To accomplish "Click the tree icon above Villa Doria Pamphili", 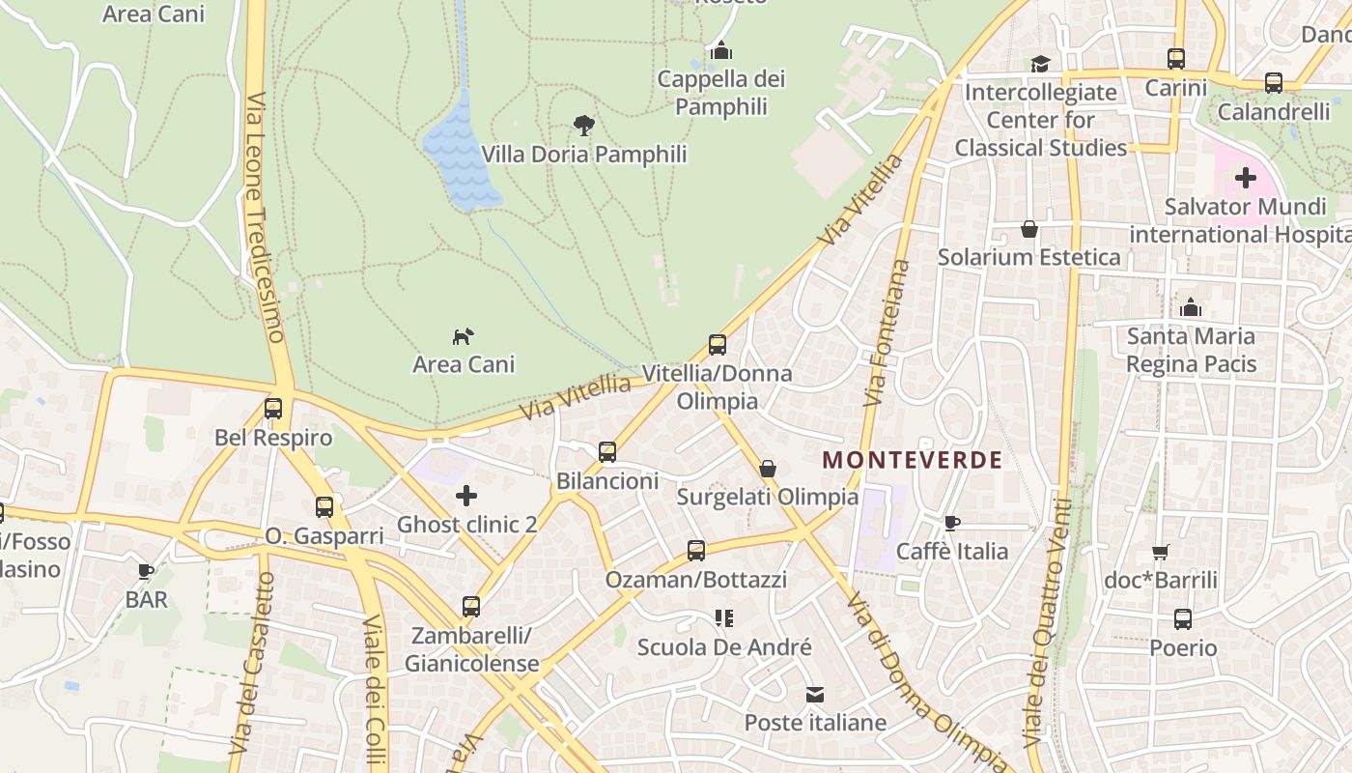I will pyautogui.click(x=583, y=125).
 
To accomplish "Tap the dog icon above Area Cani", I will pyautogui.click(x=464, y=336).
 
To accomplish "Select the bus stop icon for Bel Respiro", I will pyautogui.click(x=273, y=409).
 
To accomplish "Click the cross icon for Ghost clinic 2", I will pyautogui.click(x=466, y=496).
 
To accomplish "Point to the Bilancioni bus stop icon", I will pyautogui.click(x=607, y=451).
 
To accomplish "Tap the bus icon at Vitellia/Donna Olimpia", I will pyautogui.click(x=718, y=344).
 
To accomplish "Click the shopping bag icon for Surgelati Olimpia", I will pyautogui.click(x=768, y=469).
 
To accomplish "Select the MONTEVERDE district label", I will pyautogui.click(x=912, y=460).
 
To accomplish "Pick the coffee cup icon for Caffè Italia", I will pyautogui.click(x=952, y=523).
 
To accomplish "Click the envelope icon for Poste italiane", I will pyautogui.click(x=815, y=695).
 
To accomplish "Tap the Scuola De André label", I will pyautogui.click(x=724, y=647).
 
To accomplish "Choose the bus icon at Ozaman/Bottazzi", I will pyautogui.click(x=696, y=551).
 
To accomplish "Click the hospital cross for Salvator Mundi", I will pyautogui.click(x=1246, y=178).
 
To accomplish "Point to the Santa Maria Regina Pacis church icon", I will pyautogui.click(x=1192, y=307).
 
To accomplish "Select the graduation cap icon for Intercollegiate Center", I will pyautogui.click(x=1040, y=64).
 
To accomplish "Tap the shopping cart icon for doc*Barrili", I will pyautogui.click(x=1161, y=552).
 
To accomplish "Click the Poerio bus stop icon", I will pyautogui.click(x=1183, y=619).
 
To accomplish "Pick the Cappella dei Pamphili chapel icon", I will pyautogui.click(x=720, y=50).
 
